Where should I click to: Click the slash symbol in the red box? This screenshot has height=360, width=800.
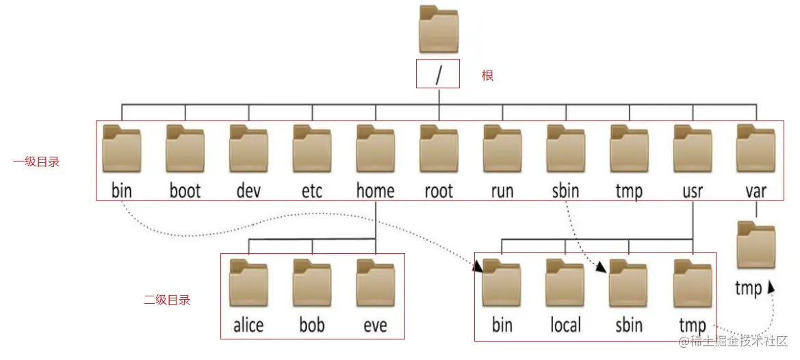point(438,75)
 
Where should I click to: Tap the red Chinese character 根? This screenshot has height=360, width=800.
point(487,75)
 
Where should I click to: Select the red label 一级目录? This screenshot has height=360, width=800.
point(36,162)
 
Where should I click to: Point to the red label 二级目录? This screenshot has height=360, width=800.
point(167,299)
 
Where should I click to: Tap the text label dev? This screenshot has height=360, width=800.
point(248,190)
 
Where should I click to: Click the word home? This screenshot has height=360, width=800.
point(375,190)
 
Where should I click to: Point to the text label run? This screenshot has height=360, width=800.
point(502,190)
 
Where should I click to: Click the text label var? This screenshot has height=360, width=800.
point(756,190)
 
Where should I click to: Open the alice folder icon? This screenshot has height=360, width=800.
point(248,282)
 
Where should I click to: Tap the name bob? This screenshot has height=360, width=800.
point(311,324)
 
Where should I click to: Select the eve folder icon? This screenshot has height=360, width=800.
point(375,282)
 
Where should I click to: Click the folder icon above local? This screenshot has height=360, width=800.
point(565,282)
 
